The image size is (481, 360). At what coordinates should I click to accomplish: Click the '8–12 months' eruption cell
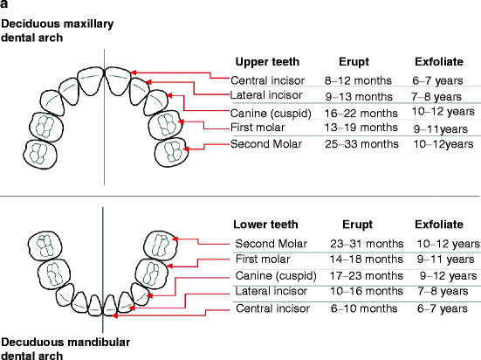click(x=358, y=80)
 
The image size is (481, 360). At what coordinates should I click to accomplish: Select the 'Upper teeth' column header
click(x=267, y=62)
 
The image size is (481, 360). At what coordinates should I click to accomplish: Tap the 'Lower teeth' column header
click(x=265, y=225)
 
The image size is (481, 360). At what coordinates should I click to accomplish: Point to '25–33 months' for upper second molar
click(x=361, y=144)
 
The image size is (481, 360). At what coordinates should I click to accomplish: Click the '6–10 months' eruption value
click(x=364, y=308)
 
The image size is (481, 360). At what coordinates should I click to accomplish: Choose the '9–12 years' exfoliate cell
click(x=448, y=276)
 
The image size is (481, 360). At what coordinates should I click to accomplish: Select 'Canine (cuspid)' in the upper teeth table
click(x=271, y=114)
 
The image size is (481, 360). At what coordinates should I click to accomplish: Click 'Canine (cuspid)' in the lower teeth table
click(x=276, y=276)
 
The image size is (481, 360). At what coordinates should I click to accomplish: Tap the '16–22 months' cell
click(x=361, y=114)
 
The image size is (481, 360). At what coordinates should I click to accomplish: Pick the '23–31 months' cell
click(x=367, y=244)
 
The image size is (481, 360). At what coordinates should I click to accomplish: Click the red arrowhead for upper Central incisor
click(x=134, y=73)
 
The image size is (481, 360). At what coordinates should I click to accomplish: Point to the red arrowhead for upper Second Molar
click(x=186, y=149)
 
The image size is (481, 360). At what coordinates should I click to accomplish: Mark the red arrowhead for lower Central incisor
click(x=114, y=315)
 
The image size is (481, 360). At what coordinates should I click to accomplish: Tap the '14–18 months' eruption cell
click(x=367, y=260)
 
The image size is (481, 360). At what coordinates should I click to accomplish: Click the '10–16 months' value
click(x=367, y=291)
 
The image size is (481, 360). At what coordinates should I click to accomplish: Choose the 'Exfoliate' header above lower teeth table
click(x=439, y=225)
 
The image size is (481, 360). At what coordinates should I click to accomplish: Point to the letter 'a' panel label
click(x=4, y=4)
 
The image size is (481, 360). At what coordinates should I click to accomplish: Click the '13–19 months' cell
click(x=361, y=128)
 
